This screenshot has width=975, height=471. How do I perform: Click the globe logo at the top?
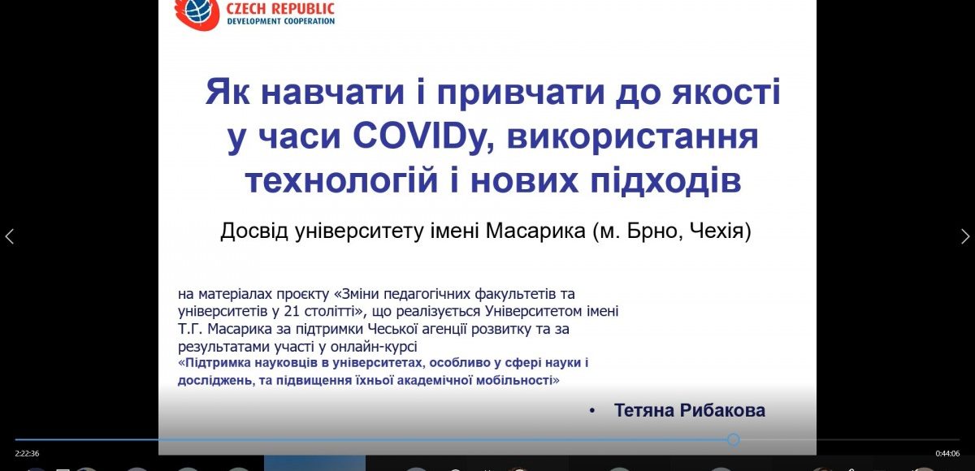pos(197,13)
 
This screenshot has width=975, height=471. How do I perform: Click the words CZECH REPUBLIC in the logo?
pos(280,9)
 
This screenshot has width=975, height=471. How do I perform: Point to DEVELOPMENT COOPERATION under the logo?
pos(281,21)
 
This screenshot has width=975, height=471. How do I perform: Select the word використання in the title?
pos(633,136)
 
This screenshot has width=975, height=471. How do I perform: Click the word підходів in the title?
pos(666,181)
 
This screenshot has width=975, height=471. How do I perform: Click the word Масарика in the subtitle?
pos(535,231)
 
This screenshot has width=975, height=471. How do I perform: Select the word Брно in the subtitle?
pos(646,231)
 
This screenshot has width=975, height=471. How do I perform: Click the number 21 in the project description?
pos(292,312)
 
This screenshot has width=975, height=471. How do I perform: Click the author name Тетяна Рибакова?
pos(690,411)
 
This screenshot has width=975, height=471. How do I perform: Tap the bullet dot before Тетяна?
pos(591,411)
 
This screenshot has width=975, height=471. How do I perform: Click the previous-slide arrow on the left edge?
pos(10,236)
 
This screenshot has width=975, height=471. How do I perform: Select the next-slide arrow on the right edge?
pos(965,236)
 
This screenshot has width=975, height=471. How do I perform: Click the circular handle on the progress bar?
pos(734,439)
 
